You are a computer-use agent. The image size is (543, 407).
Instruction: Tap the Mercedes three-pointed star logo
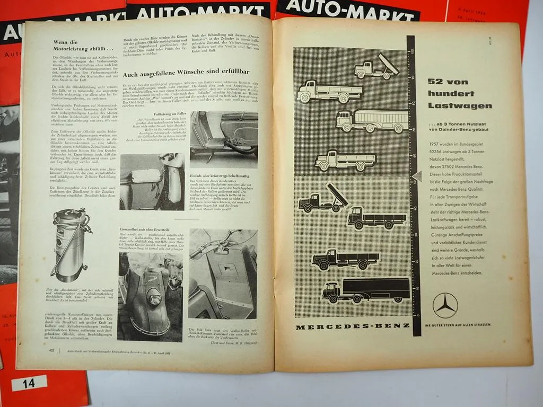[x=445, y=305]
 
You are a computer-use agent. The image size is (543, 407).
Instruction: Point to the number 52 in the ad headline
[x=438, y=81]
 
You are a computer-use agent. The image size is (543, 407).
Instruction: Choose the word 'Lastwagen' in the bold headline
[x=460, y=105]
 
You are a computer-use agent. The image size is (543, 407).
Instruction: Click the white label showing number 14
[x=29, y=382]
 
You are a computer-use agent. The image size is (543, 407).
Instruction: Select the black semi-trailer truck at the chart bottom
[x=366, y=289]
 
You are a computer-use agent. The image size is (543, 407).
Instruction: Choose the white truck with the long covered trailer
[x=372, y=121]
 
